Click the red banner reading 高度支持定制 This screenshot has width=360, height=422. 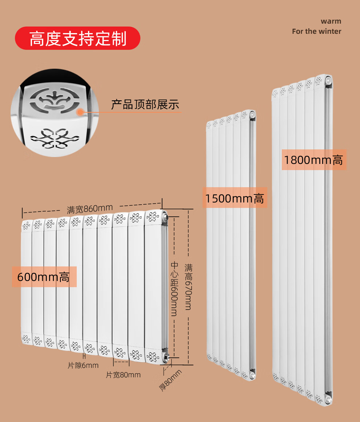pos(77,39)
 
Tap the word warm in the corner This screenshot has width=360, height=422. pos(331,21)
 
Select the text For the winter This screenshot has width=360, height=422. pos(316,31)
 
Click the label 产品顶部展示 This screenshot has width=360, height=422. pos(145,105)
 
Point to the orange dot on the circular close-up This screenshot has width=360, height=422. pos(79,112)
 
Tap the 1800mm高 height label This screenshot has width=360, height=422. pos(313,160)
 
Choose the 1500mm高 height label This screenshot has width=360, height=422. pos(235,198)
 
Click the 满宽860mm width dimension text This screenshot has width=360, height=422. pos(90,209)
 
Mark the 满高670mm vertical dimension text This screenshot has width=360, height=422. pos(188,287)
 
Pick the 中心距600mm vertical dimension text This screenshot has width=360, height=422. pos(174,289)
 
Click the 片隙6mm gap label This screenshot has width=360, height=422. pos(83,365)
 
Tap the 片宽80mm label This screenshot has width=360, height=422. pos(123,375)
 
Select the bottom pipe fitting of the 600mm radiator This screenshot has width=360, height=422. pos(167,357)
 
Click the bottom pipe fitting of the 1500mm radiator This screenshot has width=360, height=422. pos(252,374)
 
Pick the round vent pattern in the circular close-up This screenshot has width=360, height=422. pos(55,99)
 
